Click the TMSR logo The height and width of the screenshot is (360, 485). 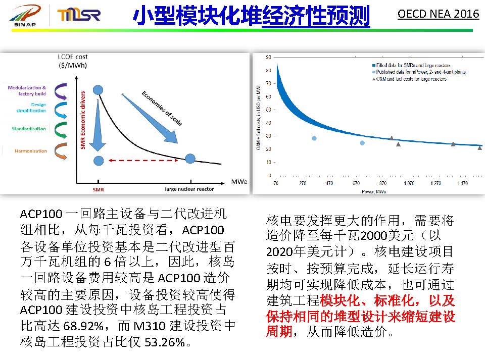[79, 15]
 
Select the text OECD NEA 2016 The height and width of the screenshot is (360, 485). [438, 14]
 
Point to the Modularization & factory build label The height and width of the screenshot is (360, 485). [27, 91]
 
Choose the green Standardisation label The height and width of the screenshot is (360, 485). [29, 129]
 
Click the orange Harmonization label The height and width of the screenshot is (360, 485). [30, 151]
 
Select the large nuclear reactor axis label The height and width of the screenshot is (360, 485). [189, 189]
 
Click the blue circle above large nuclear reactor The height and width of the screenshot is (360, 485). [190, 159]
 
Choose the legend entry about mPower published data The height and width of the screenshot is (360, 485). [414, 72]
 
